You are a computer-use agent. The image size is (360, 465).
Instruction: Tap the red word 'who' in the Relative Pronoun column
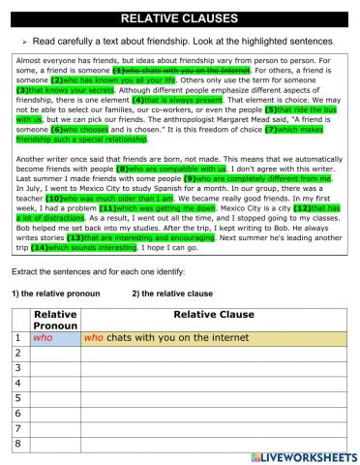pyautogui.click(x=42, y=339)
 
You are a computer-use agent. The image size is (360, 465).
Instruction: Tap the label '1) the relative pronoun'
pyautogui.click(x=57, y=293)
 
